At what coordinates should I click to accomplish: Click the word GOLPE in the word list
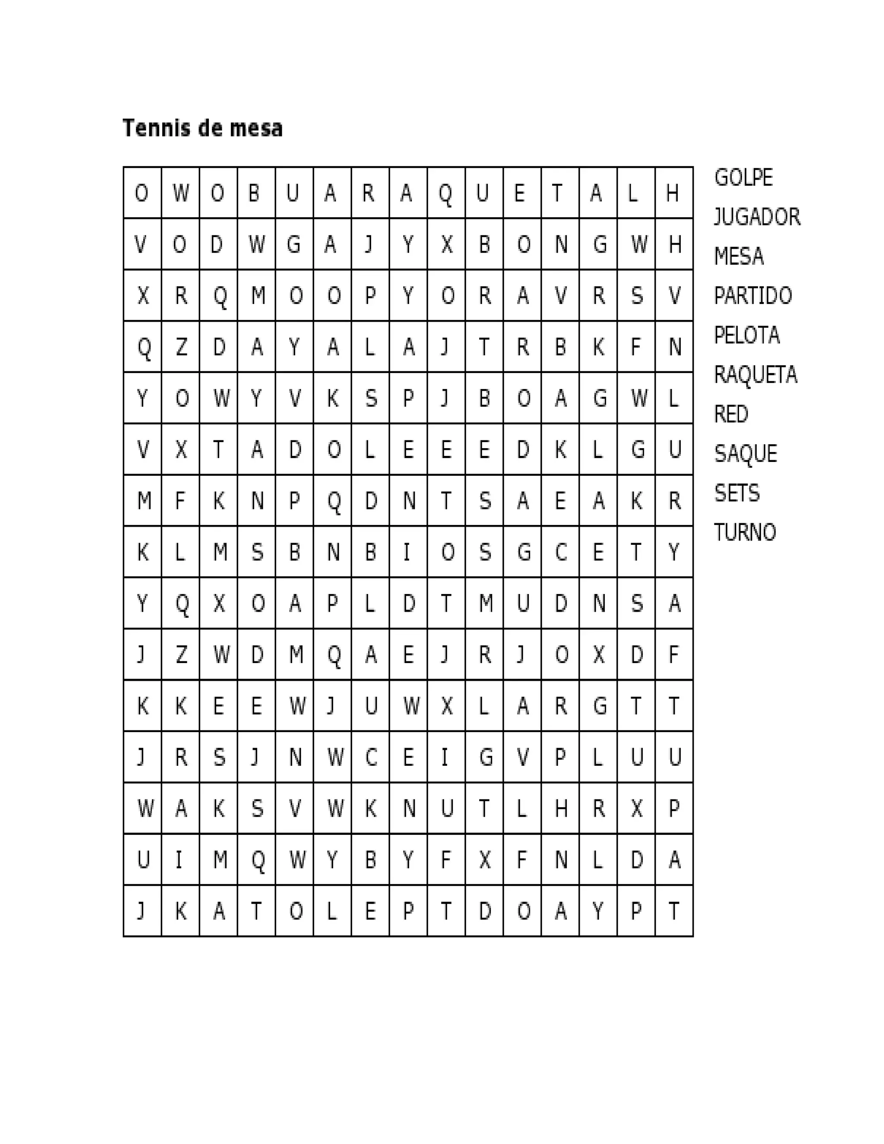pos(743,177)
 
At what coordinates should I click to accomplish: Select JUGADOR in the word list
pos(757,217)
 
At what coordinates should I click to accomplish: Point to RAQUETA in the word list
pos(755,375)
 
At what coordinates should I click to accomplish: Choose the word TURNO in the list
pos(745,533)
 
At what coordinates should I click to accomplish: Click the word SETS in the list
pos(736,493)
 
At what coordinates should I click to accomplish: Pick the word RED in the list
pos(731,414)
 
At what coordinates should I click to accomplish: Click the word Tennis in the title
pos(157,128)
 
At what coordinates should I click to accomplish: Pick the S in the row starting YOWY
pos(370,398)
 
